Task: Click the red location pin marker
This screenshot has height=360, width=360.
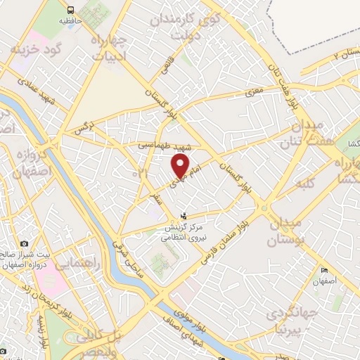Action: point(181,166)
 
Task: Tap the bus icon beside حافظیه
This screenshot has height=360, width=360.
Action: point(70,10)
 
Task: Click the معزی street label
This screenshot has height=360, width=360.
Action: point(253,91)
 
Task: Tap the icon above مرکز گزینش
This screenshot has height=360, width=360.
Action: point(184,216)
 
